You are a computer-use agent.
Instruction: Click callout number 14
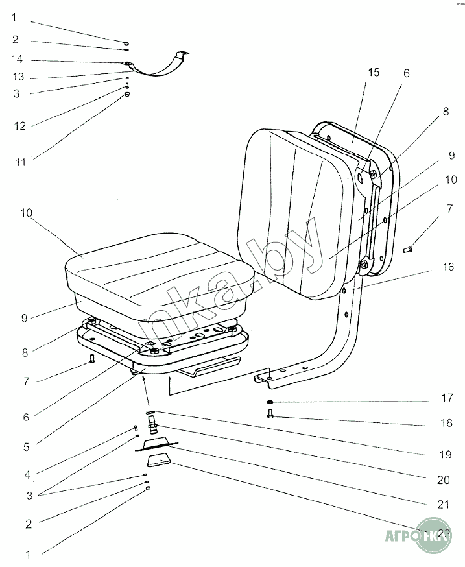pos(18,60)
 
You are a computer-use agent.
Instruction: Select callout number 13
pos(18,77)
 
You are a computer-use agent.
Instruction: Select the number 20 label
pos(444,480)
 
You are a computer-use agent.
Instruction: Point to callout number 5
pos(26,447)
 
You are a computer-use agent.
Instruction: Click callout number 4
pos(28,474)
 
